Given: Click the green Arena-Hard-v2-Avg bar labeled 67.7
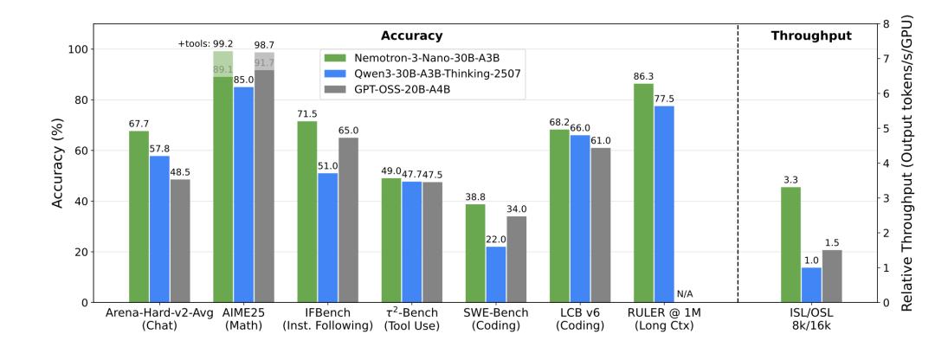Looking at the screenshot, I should [x=139, y=216].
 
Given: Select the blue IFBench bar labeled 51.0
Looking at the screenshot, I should [x=327, y=238].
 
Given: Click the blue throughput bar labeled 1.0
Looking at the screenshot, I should [x=811, y=285].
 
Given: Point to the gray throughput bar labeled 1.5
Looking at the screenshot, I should [x=832, y=276].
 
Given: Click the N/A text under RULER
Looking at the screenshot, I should [x=685, y=294].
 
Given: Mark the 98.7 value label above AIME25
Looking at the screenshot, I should [x=264, y=43].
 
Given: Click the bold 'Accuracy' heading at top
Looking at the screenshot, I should [x=412, y=35].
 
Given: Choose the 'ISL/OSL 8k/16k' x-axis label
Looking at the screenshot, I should [x=811, y=321].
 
